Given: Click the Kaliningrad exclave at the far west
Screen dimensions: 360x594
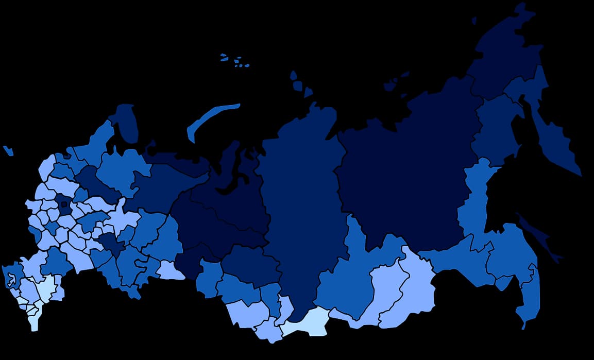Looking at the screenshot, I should click(x=8, y=150).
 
